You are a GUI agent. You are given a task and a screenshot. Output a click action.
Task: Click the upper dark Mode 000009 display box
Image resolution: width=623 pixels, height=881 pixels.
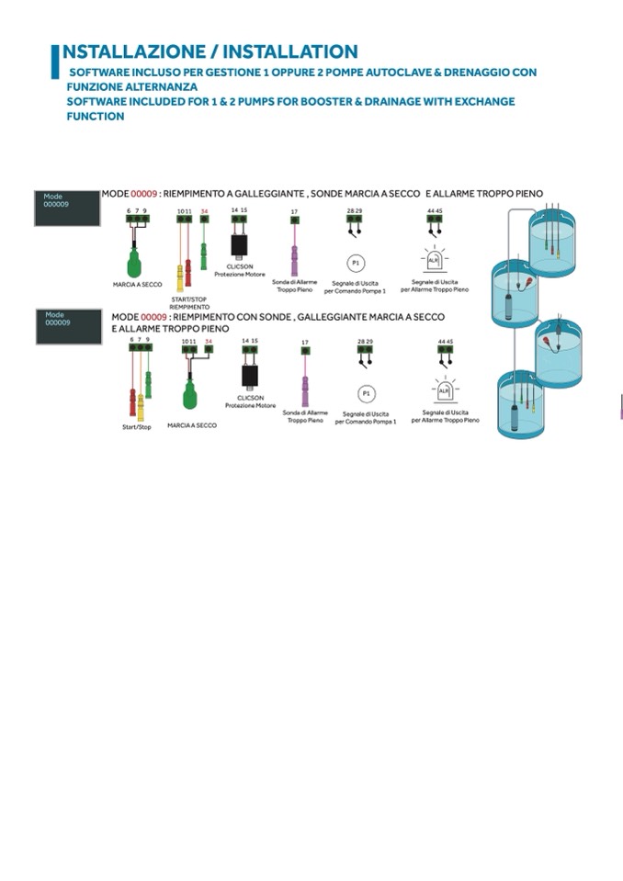66,208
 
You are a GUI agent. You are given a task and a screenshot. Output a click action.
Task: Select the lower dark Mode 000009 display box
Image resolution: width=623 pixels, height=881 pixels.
69,326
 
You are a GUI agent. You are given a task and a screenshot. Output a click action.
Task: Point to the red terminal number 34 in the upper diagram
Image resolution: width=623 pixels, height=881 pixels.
204,211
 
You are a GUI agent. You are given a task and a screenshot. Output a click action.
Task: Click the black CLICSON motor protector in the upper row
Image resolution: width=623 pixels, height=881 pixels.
239,244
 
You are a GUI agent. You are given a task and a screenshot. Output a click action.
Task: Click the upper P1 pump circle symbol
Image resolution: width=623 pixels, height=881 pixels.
355,262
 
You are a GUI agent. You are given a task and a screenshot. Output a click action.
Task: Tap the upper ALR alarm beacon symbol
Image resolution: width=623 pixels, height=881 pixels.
435,260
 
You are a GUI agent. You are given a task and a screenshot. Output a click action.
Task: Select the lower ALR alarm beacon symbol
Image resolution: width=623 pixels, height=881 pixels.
445,390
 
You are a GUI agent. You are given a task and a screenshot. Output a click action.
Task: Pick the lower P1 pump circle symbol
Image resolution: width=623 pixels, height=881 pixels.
366,393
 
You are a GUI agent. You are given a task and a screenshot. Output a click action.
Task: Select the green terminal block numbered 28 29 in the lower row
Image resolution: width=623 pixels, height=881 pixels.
366,350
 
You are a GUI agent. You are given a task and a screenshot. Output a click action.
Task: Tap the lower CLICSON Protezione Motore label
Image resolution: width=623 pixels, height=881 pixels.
251,401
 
